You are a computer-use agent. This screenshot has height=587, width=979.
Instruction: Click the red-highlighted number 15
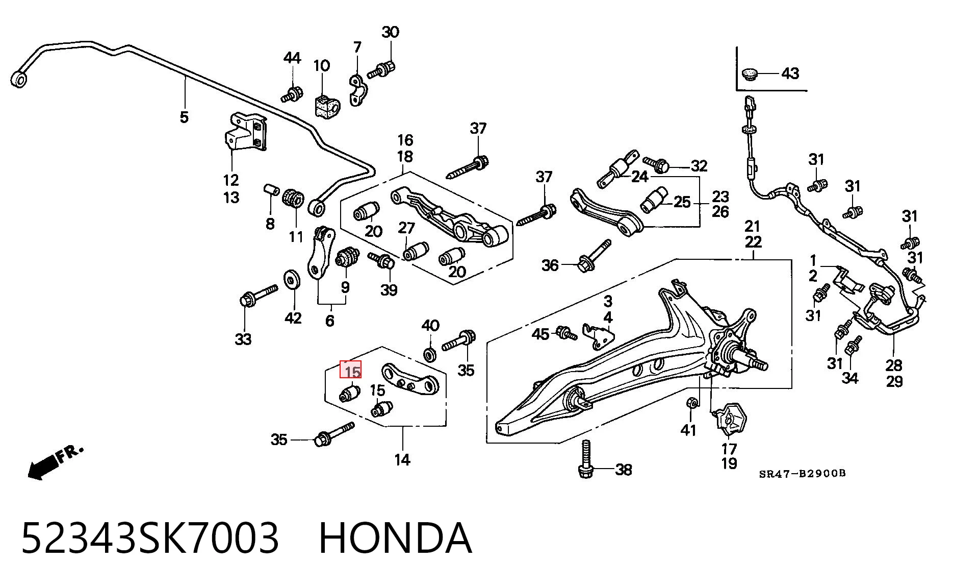click(x=351, y=370)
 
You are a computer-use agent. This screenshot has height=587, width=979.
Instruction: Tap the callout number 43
click(x=790, y=74)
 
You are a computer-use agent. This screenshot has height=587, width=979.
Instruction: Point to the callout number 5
click(x=184, y=117)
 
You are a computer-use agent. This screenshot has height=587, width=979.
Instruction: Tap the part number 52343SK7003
click(x=150, y=539)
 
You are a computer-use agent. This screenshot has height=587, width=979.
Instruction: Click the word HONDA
click(x=396, y=539)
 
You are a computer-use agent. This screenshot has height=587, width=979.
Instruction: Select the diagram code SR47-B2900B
click(x=803, y=473)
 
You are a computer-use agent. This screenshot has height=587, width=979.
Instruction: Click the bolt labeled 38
click(x=585, y=459)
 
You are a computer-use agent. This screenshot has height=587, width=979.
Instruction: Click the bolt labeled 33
click(x=258, y=296)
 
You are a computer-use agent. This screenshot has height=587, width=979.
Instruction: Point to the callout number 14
click(x=402, y=460)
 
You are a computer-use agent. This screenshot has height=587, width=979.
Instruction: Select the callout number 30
click(x=391, y=32)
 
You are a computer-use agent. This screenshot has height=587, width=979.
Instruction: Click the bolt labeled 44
click(x=291, y=94)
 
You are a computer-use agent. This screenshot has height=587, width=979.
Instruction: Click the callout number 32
click(x=700, y=166)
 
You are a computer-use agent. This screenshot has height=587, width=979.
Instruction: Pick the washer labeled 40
click(x=430, y=354)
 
